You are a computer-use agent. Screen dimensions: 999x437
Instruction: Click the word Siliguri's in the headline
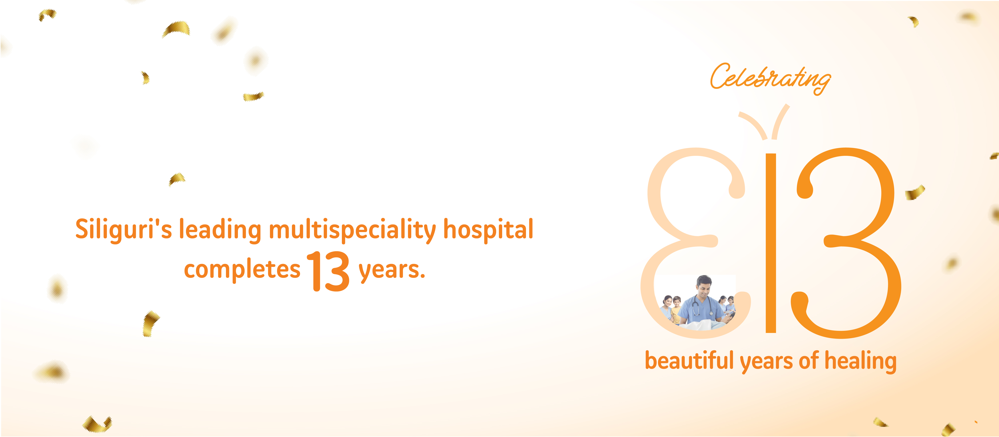[x=123, y=230]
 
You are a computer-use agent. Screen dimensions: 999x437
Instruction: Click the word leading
[x=220, y=230]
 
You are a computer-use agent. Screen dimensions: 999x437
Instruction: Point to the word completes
[x=242, y=270]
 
